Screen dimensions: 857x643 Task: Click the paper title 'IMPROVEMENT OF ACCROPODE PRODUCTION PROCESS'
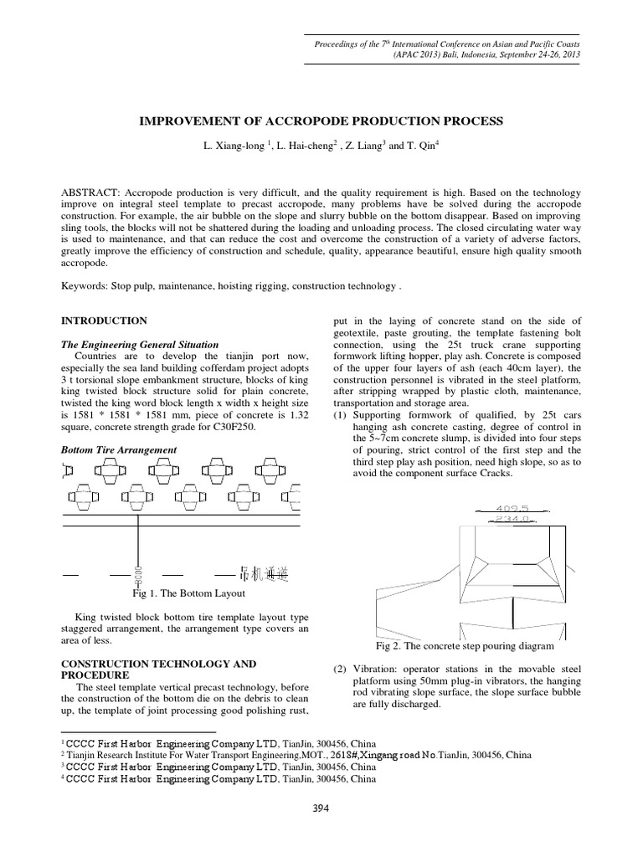321,121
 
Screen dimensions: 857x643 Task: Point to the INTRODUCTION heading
105,321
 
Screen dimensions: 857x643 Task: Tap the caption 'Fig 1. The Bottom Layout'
188,593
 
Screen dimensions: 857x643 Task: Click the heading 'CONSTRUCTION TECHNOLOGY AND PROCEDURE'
159,669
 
